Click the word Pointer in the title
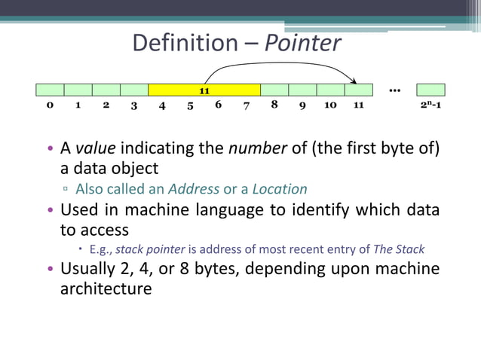coord(303,43)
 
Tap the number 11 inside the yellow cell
coord(204,90)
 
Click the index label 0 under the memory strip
coord(50,105)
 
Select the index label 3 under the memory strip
coord(134,105)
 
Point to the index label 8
coord(274,105)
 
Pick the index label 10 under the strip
coord(330,105)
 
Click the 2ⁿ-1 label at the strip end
coord(430,105)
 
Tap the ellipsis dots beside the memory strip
coord(394,90)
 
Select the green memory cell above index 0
coord(50,90)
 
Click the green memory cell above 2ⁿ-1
coord(430,90)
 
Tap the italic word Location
coord(280,188)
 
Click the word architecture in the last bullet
coord(106,288)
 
